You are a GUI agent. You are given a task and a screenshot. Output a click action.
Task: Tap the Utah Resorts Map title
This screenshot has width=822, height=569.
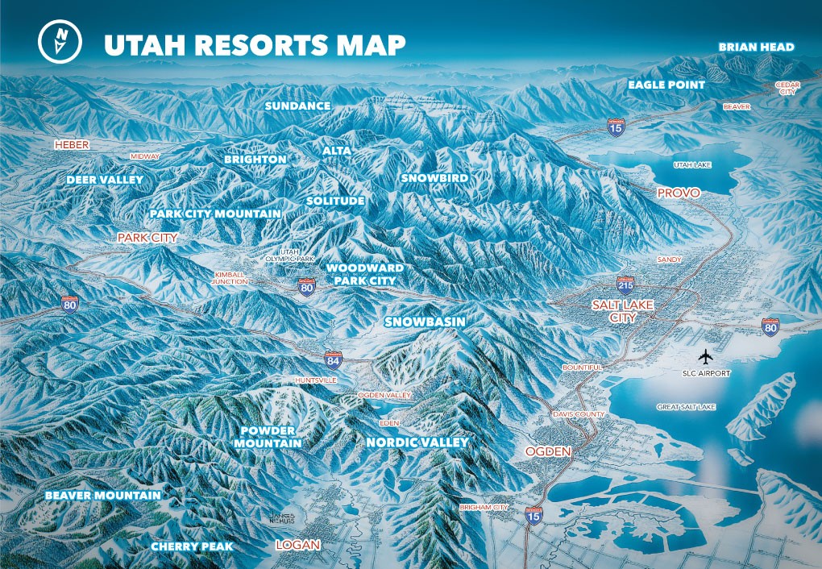point(254,45)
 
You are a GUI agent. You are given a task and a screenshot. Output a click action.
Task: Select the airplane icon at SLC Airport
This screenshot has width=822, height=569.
point(707,355)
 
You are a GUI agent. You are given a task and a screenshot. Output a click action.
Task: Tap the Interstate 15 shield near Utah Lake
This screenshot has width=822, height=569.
point(616,127)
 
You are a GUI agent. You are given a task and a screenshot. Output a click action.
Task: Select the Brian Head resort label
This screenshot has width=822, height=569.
point(756,48)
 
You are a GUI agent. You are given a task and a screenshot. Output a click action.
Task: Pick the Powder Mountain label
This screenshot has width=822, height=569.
point(268,437)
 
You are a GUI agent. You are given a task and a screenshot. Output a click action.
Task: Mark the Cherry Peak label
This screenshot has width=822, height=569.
point(192,546)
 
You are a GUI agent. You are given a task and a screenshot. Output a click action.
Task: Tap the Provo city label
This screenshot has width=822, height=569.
point(678,193)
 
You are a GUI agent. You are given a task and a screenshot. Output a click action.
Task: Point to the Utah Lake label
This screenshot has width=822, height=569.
point(691,164)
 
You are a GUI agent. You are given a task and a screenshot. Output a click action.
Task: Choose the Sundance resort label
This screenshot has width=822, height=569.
point(297,106)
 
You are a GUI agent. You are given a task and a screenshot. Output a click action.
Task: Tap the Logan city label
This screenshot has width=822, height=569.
point(298,545)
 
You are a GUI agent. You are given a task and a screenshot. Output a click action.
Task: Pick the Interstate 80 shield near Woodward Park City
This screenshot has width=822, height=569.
point(306,286)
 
